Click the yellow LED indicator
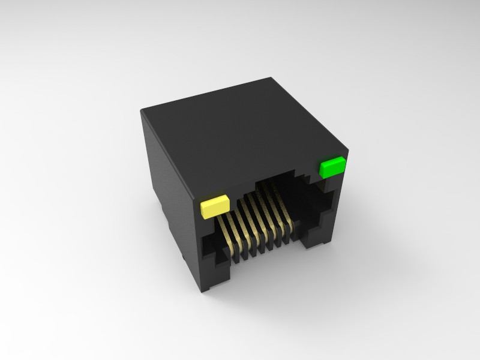click(215, 206)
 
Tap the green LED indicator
click(332, 167)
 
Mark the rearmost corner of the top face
click(273, 77)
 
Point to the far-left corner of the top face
click(142, 109)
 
